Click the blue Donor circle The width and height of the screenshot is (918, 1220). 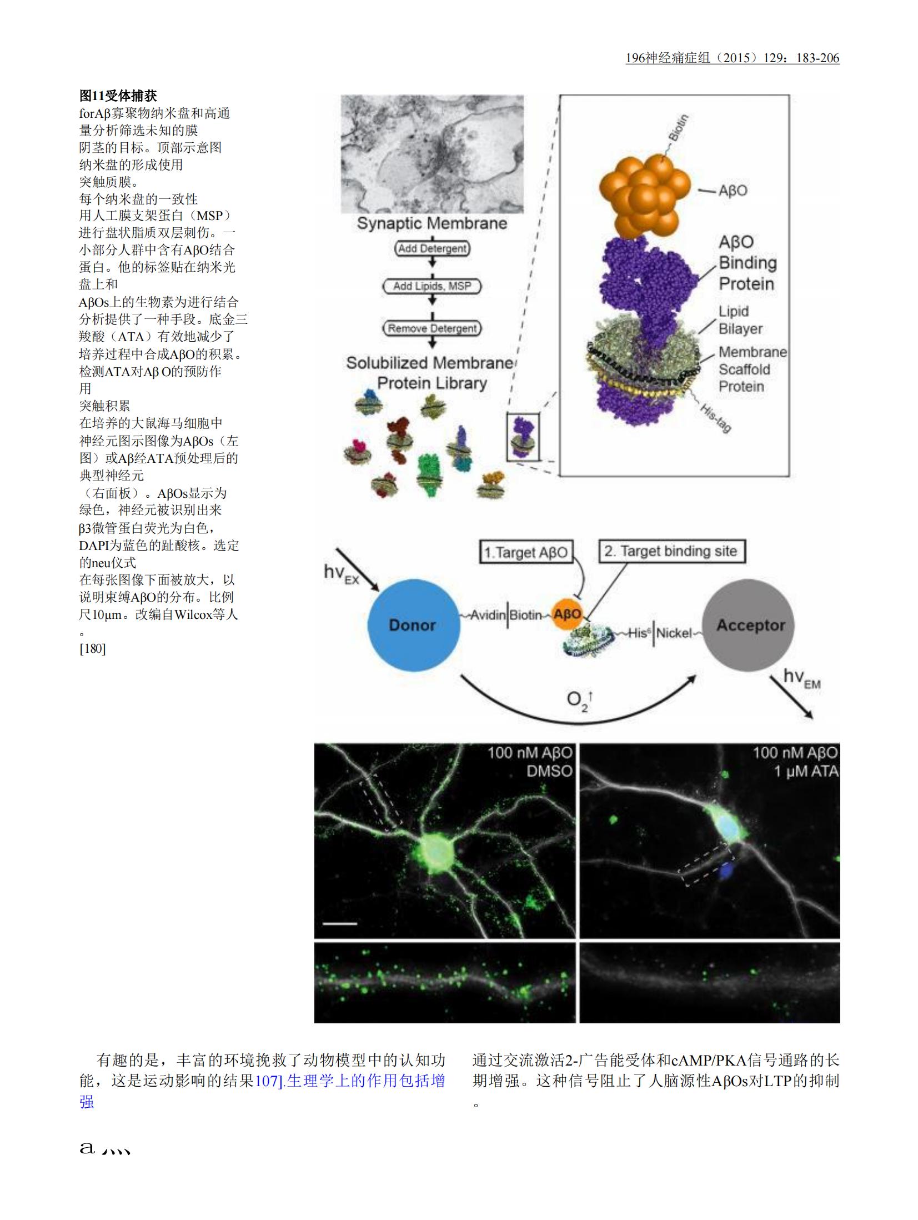click(x=413, y=625)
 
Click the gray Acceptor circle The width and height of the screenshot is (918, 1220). click(x=748, y=624)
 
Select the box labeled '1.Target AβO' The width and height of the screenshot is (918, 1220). click(x=525, y=553)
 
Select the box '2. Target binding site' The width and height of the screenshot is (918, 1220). click(x=671, y=551)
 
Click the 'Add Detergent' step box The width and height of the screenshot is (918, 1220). click(x=432, y=248)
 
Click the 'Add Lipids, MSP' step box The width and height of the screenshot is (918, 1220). click(x=432, y=286)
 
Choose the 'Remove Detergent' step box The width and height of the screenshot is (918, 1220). click(x=432, y=328)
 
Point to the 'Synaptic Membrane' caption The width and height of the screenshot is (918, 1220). click(x=432, y=223)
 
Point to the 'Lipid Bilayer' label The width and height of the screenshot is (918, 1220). click(x=740, y=320)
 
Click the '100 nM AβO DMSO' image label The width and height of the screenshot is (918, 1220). click(x=529, y=762)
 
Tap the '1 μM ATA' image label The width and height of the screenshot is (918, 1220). click(x=806, y=771)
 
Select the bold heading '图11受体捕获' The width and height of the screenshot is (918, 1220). click(x=118, y=96)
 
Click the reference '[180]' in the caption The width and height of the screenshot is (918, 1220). click(x=93, y=648)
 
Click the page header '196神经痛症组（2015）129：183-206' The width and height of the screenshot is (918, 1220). click(x=732, y=58)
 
